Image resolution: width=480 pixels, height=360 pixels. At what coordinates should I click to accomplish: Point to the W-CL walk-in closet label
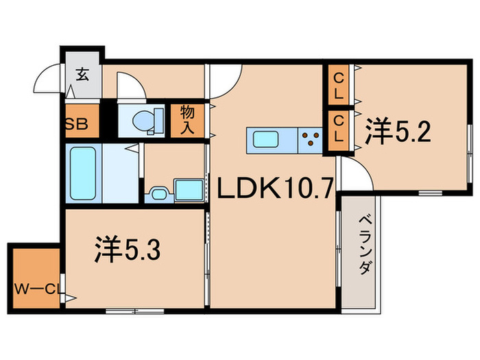(35, 287)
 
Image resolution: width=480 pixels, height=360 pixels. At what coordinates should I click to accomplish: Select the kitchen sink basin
(265, 139)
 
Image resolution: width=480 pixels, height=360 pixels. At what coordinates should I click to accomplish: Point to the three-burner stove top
(311, 139)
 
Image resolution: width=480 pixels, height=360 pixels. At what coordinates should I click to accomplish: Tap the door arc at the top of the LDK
(225, 82)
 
